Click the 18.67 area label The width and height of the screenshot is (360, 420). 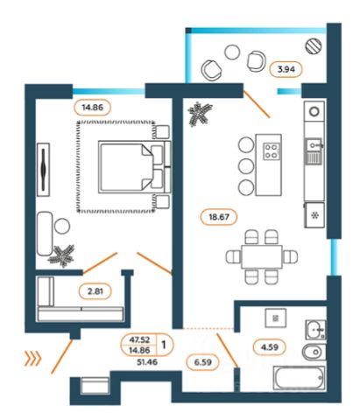(219, 217)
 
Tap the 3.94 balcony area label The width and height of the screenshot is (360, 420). (286, 69)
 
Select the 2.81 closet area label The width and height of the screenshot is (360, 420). (95, 291)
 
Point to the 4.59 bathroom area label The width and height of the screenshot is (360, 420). (269, 347)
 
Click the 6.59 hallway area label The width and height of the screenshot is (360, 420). (202, 362)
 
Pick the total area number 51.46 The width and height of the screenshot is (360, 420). (147, 362)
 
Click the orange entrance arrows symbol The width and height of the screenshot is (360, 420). (32, 358)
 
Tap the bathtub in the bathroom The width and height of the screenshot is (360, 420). (300, 378)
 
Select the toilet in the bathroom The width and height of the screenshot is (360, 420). (314, 352)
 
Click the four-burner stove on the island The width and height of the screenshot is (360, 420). (272, 151)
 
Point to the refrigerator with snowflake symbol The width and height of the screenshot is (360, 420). (314, 215)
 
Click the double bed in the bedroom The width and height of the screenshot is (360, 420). (134, 167)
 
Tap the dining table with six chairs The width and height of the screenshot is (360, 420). (262, 257)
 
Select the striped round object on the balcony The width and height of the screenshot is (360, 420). (314, 46)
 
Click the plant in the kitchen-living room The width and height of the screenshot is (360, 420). (200, 114)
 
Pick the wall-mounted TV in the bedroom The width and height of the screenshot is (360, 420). (44, 170)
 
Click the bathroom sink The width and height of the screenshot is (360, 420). (315, 330)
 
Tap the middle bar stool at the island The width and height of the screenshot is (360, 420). (246, 166)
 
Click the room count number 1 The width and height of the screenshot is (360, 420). (164, 345)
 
